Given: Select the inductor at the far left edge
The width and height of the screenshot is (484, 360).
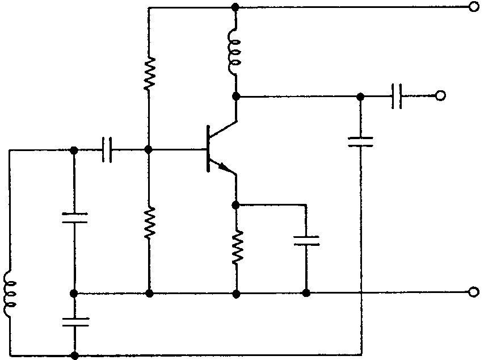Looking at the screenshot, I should pos(10,294).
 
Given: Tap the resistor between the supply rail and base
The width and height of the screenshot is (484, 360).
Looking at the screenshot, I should pos(149,73).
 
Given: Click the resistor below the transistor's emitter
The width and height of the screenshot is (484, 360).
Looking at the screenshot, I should pos(236,248).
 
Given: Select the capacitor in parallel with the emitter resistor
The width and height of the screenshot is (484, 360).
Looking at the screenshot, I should pos(306,240).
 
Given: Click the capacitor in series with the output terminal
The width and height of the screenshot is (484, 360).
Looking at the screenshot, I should pos(397,95).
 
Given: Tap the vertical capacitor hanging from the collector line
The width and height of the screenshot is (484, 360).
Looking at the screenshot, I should pos(360,140).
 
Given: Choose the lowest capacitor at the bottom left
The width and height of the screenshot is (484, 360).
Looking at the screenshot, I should pos(74,322).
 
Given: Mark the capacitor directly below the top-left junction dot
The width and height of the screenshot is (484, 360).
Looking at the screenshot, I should pos(74,218).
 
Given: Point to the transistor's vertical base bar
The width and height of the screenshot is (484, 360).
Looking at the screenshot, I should pos(208,149).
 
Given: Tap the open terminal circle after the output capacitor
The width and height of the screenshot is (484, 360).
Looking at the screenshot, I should pos(440,95).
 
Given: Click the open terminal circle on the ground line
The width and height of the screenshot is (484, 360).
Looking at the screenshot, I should pos(473,292).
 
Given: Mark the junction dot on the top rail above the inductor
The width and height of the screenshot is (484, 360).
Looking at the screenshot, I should pos(235,7).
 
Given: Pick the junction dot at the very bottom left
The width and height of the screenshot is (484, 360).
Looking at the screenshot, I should pos(74,355).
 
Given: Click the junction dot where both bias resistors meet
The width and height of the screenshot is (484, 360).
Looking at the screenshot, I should pos(149,150).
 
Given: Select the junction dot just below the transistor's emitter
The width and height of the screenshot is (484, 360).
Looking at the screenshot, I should pos(236,204).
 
